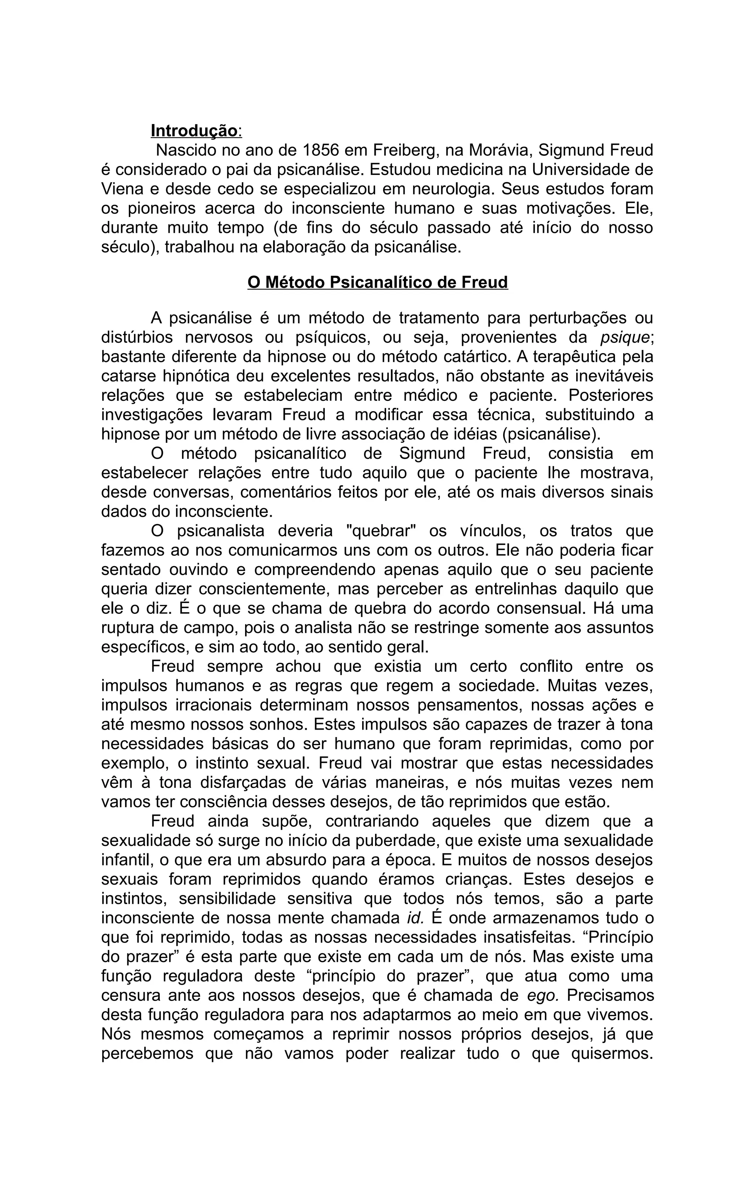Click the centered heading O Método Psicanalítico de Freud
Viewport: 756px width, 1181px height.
pos(378,283)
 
